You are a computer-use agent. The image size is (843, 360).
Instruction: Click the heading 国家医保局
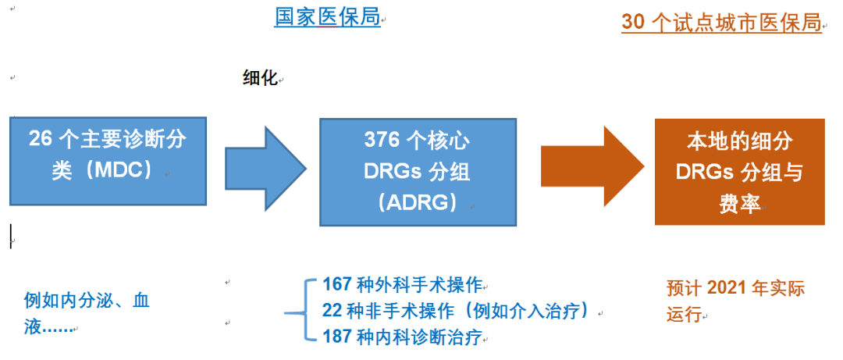(327, 17)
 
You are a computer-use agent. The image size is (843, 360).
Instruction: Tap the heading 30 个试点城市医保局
(721, 23)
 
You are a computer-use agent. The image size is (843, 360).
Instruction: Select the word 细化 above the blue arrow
(260, 80)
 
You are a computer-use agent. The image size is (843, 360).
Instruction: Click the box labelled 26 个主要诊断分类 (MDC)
(108, 161)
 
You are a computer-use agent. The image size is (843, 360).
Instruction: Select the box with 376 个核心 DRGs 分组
(417, 172)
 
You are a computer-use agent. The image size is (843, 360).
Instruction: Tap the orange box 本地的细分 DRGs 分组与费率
(739, 172)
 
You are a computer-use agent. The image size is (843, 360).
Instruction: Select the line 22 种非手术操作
(455, 310)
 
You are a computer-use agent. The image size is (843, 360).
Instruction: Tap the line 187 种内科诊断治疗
(403, 337)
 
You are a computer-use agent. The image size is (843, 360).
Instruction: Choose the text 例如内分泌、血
(87, 301)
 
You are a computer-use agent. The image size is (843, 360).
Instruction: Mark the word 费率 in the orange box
(739, 204)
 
